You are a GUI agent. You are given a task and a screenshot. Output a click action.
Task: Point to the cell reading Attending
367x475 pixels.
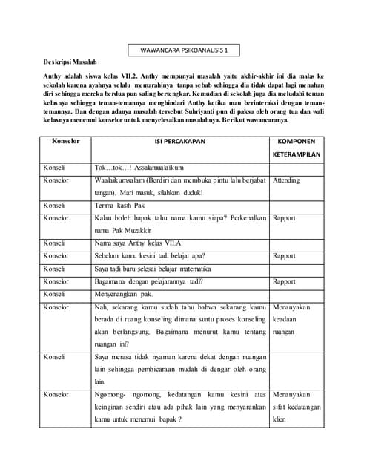[286, 180]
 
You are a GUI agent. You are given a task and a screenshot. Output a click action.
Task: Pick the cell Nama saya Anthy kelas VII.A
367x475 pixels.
[138, 243]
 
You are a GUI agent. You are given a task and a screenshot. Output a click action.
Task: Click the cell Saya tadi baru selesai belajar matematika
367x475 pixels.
[153, 268]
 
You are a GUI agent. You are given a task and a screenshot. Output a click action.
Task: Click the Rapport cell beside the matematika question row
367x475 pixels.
[284, 255]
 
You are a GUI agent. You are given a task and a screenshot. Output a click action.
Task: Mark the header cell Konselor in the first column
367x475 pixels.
[65, 140]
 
